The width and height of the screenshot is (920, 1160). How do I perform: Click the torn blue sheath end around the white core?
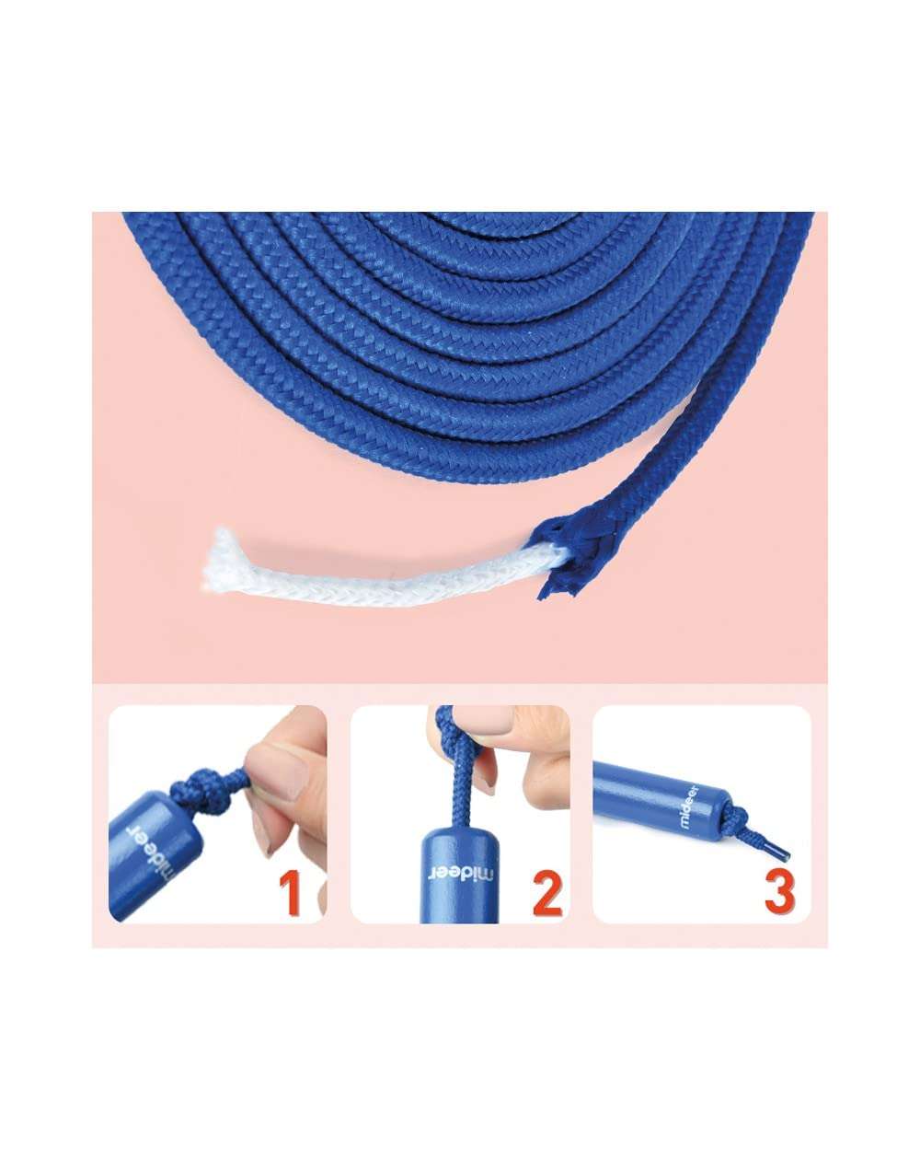coord(560,555)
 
